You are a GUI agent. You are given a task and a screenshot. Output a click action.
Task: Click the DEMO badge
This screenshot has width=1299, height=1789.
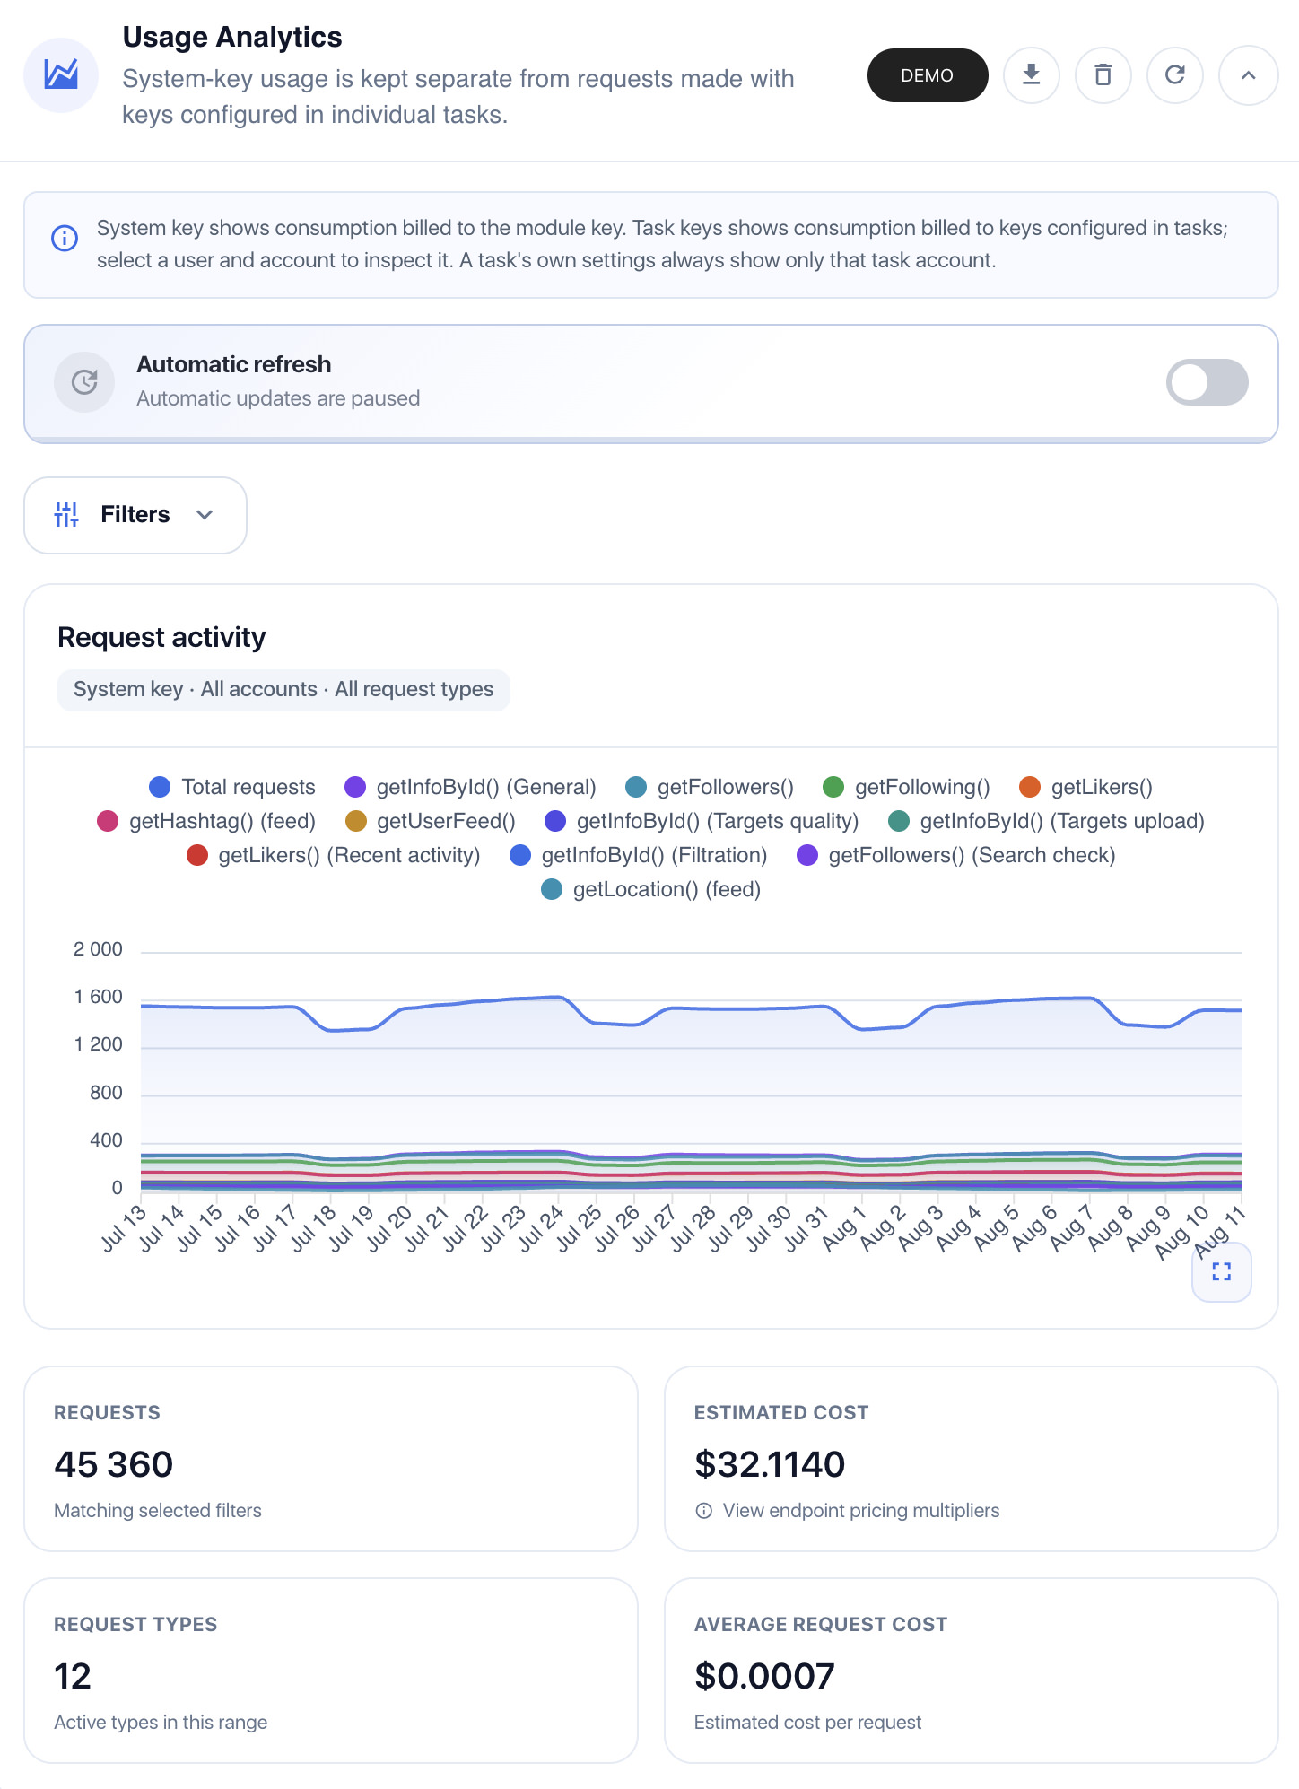927,75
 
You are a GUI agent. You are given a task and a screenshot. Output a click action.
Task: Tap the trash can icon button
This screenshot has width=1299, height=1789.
1103,75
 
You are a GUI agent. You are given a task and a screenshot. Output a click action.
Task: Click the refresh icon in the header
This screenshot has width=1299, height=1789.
1174,75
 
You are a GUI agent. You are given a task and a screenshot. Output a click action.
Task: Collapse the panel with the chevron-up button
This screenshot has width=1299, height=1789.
1248,75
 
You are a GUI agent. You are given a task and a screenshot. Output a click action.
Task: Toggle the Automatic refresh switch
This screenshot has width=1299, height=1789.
1207,382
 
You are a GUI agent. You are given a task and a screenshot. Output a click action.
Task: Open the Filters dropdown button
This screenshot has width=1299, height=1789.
135,515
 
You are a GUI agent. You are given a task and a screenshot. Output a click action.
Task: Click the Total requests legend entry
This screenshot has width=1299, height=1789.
232,787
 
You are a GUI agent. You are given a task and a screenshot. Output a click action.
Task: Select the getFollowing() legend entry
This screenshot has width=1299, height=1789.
906,787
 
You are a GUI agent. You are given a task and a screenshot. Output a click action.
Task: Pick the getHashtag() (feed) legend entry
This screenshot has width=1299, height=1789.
206,821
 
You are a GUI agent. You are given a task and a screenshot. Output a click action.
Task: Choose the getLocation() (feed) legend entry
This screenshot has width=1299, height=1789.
651,889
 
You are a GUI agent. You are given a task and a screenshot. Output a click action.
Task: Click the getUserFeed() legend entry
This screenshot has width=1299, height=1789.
431,821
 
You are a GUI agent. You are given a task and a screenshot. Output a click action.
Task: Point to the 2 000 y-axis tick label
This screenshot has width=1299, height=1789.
98,949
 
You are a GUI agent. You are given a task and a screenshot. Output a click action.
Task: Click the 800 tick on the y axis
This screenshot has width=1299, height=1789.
106,1093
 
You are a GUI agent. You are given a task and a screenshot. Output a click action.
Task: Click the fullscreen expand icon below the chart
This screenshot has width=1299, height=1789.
1221,1271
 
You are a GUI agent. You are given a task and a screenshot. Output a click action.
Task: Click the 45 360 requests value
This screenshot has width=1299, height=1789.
113,1464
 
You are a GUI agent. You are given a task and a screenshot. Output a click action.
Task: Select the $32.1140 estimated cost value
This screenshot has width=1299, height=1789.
770,1464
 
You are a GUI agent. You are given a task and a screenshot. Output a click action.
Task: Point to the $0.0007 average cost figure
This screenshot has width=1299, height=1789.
764,1676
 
